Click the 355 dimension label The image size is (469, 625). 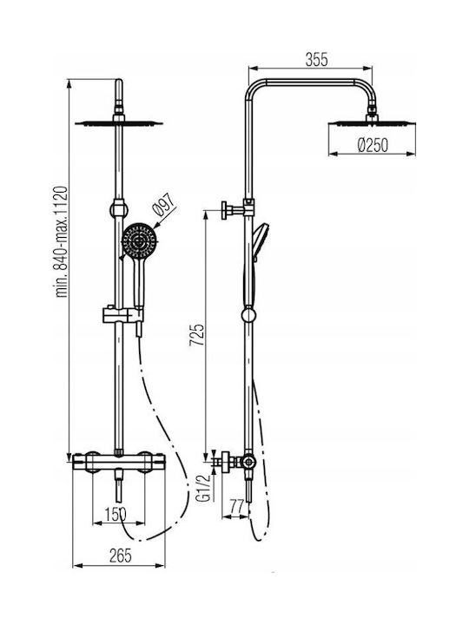coord(317,60)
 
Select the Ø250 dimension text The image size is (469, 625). coord(373,145)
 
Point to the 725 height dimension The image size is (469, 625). coord(196,335)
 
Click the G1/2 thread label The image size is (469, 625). coord(204,488)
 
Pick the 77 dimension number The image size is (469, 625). coord(237,507)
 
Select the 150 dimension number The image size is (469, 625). coord(116,514)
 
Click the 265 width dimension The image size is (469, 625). coord(120,556)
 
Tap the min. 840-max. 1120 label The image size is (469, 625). coord(62,241)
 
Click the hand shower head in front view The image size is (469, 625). coord(139,240)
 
